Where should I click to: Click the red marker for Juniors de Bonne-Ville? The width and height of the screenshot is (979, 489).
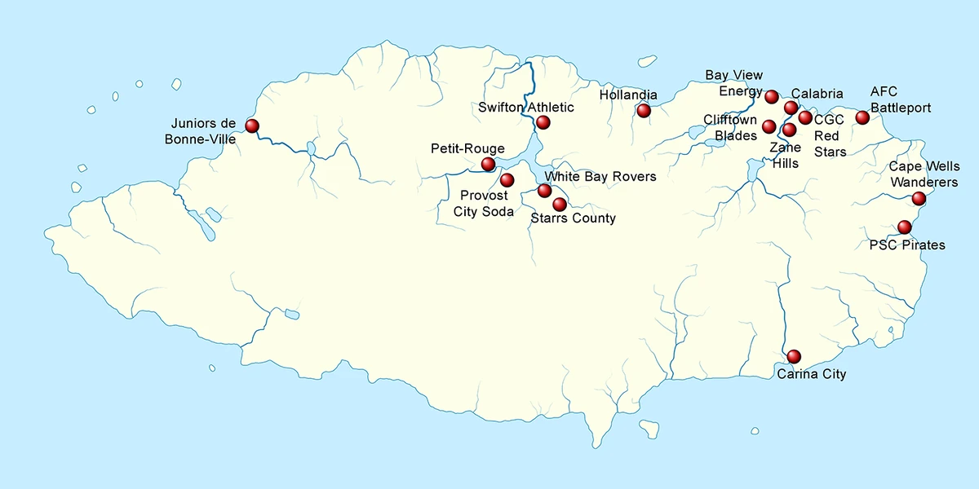tap(251, 126)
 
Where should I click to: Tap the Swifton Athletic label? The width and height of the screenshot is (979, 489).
tap(526, 108)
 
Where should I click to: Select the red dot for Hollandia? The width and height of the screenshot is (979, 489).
tap(644, 110)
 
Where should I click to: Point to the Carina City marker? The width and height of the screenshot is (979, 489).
tap(793, 356)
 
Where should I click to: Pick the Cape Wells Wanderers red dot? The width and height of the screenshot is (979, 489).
tap(919, 198)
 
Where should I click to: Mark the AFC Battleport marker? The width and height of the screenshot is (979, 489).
tap(862, 117)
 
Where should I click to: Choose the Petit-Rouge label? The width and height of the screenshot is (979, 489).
tap(467, 148)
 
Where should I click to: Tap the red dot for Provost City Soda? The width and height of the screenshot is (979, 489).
tap(507, 179)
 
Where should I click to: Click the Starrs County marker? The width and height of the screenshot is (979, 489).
tap(560, 204)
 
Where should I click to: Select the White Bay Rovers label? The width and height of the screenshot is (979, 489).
tap(600, 176)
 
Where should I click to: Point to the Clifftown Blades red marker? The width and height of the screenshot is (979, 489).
tap(769, 126)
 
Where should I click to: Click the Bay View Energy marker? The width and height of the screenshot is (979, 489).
tap(771, 97)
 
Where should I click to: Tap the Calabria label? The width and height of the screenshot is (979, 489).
tap(817, 94)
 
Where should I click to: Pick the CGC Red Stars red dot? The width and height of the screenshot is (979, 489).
tap(805, 118)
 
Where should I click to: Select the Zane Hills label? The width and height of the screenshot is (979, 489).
tap(784, 156)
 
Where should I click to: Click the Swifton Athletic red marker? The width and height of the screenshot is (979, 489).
tap(543, 122)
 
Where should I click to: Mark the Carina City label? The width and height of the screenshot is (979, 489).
tap(811, 375)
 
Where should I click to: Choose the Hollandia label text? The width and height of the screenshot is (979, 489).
tap(628, 95)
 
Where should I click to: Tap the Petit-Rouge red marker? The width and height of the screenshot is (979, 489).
tap(488, 164)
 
